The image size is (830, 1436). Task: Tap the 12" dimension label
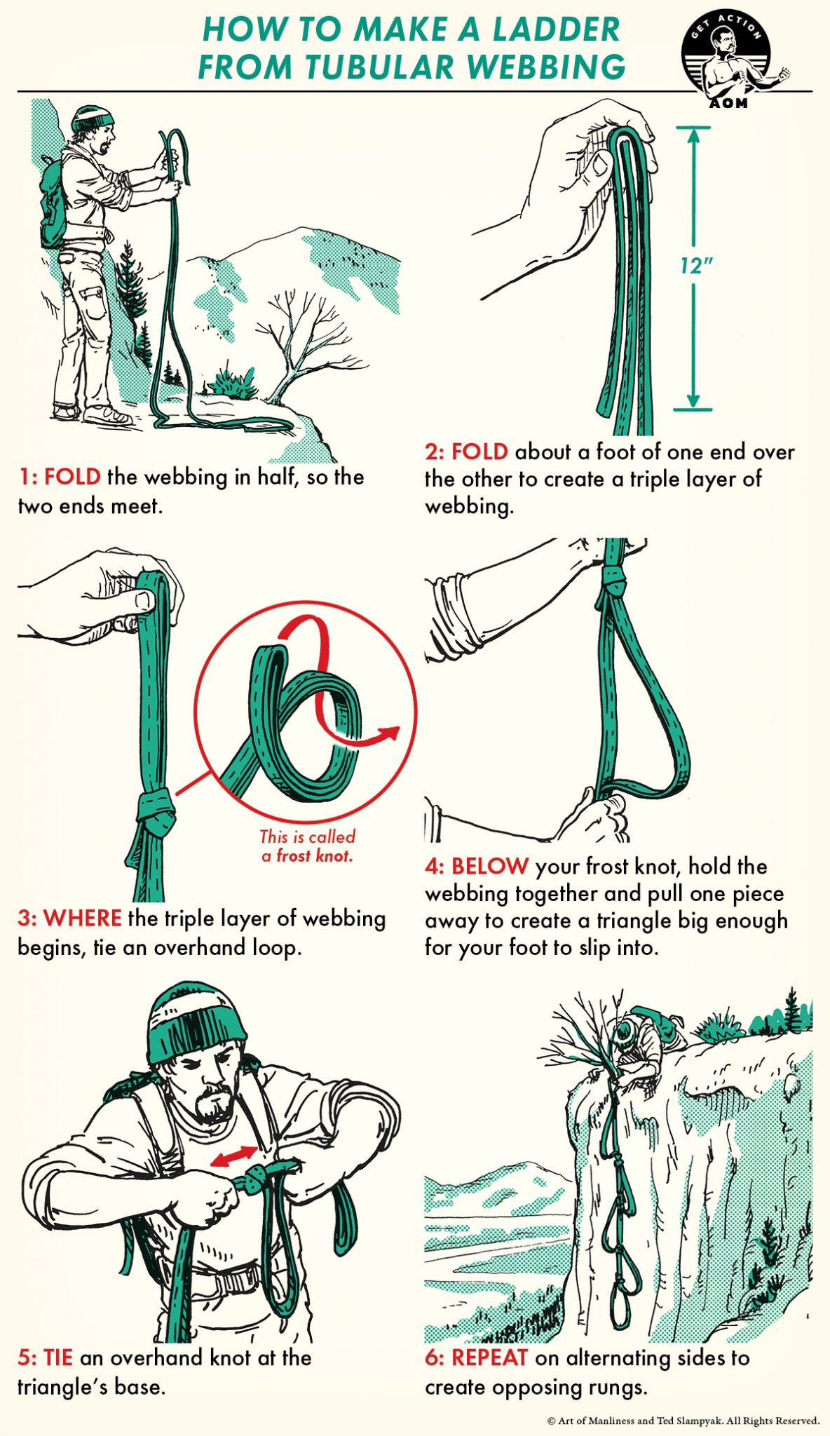click(x=695, y=266)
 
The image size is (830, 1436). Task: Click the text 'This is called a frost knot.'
click(x=307, y=846)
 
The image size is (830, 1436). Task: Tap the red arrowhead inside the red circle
click(x=390, y=733)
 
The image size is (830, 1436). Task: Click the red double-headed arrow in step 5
click(x=234, y=1156)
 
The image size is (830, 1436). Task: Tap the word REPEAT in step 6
click(x=489, y=1357)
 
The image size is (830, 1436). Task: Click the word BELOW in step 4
click(x=489, y=866)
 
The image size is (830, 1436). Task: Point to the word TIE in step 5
click(x=58, y=1357)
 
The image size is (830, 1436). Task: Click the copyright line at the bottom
click(x=683, y=1421)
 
